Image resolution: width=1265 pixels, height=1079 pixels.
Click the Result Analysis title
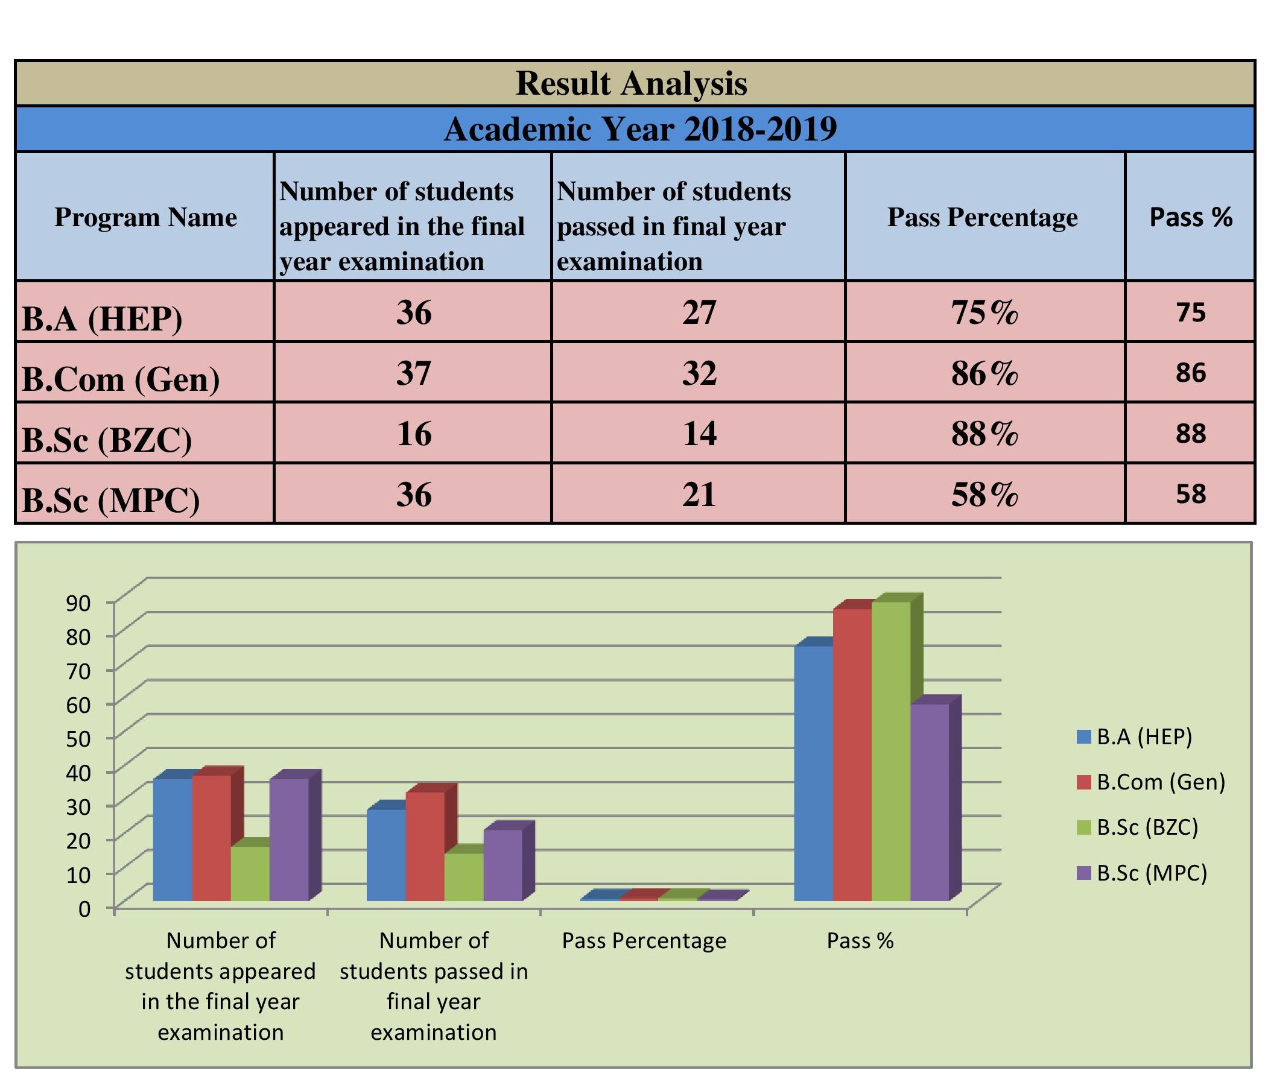click(x=631, y=84)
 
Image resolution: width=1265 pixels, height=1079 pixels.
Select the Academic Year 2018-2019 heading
click(x=640, y=129)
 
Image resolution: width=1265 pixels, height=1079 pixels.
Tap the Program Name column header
click(x=145, y=217)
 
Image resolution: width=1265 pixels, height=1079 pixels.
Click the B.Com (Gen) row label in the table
click(x=121, y=379)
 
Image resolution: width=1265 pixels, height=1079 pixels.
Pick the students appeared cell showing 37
click(x=413, y=372)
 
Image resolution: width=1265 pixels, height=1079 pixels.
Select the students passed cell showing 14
click(x=699, y=433)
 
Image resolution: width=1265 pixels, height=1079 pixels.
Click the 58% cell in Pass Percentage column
click(x=984, y=495)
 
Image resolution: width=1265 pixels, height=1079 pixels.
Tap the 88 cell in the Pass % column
click(x=1191, y=433)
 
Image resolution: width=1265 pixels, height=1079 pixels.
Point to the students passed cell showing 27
click(x=699, y=312)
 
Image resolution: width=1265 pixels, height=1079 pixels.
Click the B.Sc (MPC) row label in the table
click(x=110, y=500)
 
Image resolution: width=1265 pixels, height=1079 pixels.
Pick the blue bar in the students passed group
click(x=386, y=855)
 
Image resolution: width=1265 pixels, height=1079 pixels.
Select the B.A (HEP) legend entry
click(x=1134, y=736)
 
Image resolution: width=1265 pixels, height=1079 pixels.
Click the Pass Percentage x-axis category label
click(x=644, y=940)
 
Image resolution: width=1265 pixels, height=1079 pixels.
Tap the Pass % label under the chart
click(x=860, y=940)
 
